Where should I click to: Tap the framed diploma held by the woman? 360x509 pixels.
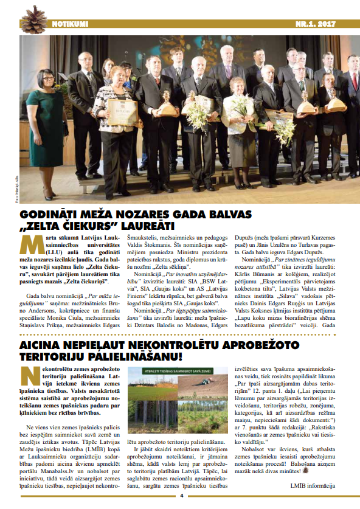(120, 110)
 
